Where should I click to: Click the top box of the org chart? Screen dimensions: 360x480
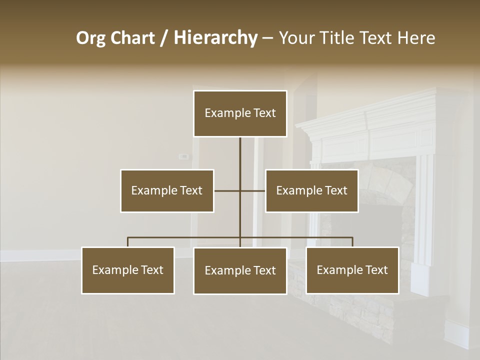(240, 113)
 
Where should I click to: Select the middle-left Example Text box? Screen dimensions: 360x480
(167, 190)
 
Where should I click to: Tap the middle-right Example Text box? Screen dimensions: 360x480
(311, 190)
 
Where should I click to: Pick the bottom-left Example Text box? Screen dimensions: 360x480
(128, 270)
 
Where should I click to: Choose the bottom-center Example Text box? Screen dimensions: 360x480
(240, 270)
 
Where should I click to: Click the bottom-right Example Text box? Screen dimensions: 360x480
(352, 270)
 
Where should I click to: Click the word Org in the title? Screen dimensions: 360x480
(90, 38)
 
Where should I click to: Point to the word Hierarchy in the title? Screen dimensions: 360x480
(215, 38)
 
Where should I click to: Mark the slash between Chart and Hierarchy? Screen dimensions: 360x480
(164, 38)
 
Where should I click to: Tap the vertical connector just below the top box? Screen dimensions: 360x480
(240, 150)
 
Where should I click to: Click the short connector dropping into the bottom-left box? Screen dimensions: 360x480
(128, 242)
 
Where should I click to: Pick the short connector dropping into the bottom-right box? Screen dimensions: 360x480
(352, 242)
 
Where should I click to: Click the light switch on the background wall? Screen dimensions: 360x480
(184, 156)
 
